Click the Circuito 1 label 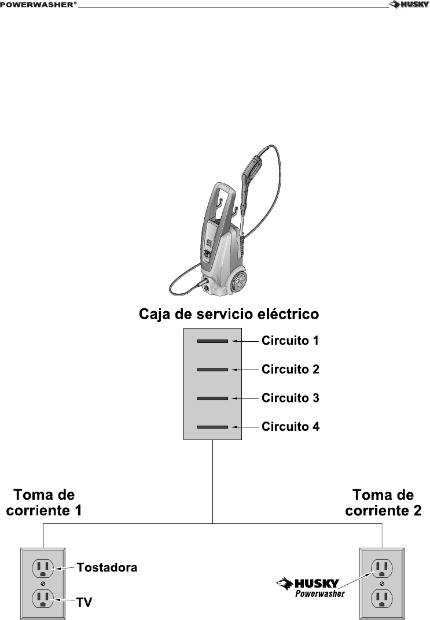290,340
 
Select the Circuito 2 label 290,369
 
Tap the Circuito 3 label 290,398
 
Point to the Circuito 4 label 290,427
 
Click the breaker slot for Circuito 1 212,341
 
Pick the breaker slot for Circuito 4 212,427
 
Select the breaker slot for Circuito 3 212,398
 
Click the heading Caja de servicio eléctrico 229,315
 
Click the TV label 84,602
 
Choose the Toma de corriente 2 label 383,503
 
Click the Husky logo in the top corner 409,5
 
